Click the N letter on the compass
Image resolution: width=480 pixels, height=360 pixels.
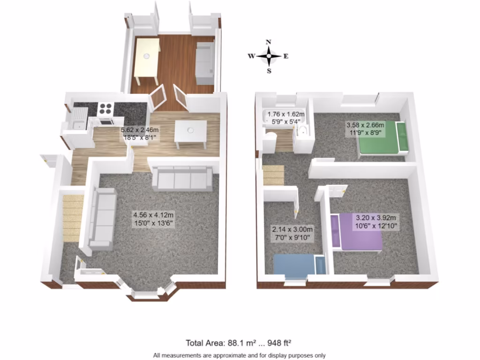point(269,42)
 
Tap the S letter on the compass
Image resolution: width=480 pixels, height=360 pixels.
point(269,71)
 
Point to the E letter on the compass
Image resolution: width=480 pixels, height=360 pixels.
point(286,56)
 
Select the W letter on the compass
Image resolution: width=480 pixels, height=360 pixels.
point(251,56)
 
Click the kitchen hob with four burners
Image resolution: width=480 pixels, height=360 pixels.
point(105,108)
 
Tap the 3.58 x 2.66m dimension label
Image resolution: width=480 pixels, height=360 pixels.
point(365,129)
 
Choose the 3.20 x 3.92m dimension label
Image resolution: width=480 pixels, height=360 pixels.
point(376,222)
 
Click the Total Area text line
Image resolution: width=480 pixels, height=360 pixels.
point(240,343)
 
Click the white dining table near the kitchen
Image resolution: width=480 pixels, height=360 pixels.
point(190,134)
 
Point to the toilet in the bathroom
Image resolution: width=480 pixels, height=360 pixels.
point(270,138)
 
